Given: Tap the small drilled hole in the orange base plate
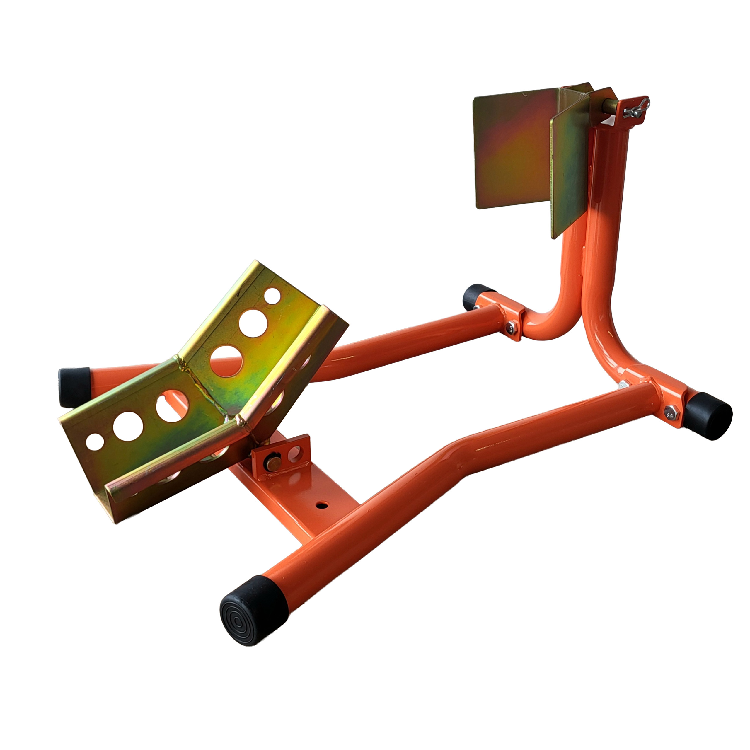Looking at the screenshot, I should [x=322, y=505].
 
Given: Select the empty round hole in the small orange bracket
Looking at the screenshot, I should [x=295, y=452].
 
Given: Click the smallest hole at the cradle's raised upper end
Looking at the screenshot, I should [x=272, y=296].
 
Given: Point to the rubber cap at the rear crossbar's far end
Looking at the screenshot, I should [x=477, y=297].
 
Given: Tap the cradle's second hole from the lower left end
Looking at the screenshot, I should [x=128, y=426].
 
